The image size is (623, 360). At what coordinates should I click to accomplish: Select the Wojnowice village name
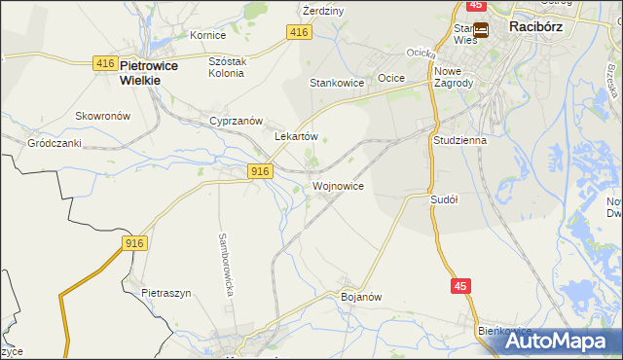pyautogui.click(x=338, y=185)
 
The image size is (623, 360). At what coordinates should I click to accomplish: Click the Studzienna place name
pyautogui.click(x=459, y=140)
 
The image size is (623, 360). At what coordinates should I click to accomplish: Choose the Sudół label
pyautogui.click(x=444, y=198)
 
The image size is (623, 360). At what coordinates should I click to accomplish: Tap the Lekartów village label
pyautogui.click(x=297, y=137)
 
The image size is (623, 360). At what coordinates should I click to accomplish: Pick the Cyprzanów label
pyautogui.click(x=237, y=121)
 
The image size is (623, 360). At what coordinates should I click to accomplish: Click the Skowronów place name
pyautogui.click(x=103, y=115)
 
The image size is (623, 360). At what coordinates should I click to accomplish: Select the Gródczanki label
pyautogui.click(x=54, y=142)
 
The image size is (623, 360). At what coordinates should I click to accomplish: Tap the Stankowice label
pyautogui.click(x=337, y=84)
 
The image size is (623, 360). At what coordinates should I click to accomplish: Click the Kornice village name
pyautogui.click(x=207, y=35)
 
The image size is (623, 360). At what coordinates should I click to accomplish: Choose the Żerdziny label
pyautogui.click(x=323, y=11)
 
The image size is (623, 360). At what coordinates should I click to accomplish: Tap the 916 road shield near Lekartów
pyautogui.click(x=258, y=171)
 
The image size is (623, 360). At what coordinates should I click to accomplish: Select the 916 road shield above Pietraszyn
pyautogui.click(x=135, y=243)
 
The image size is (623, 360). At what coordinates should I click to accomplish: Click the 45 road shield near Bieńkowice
pyautogui.click(x=461, y=285)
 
